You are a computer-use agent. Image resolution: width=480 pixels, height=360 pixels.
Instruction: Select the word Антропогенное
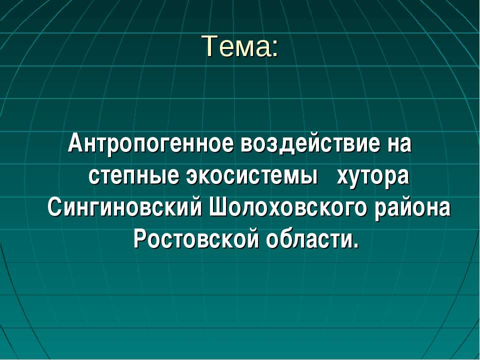coord(151,145)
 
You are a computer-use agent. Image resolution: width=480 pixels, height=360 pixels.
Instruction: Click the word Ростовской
coord(196,239)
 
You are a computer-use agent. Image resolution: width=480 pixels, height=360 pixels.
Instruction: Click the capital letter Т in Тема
coord(208,46)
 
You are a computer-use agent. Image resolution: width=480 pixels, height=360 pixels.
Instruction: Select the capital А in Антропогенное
coord(74,144)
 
